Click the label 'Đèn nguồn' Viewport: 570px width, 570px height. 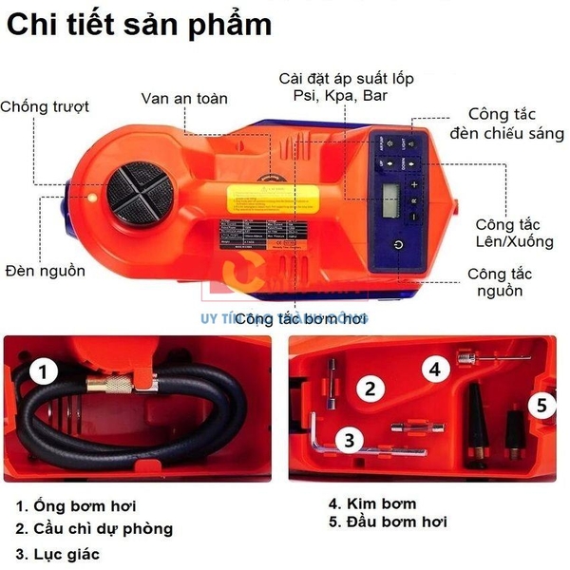(x=44, y=271)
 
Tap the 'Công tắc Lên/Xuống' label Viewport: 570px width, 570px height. (x=516, y=234)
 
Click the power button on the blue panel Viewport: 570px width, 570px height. (x=398, y=244)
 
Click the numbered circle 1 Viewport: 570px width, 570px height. (x=46, y=370)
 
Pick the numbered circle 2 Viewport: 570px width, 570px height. (x=369, y=387)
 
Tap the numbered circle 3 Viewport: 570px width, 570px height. (x=350, y=439)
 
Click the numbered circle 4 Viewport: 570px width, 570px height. (x=433, y=368)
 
